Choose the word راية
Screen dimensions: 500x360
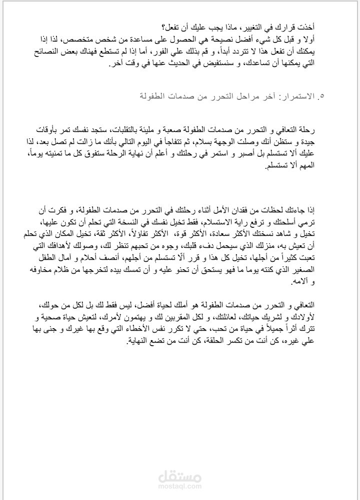pyautogui.click(x=263, y=221)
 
